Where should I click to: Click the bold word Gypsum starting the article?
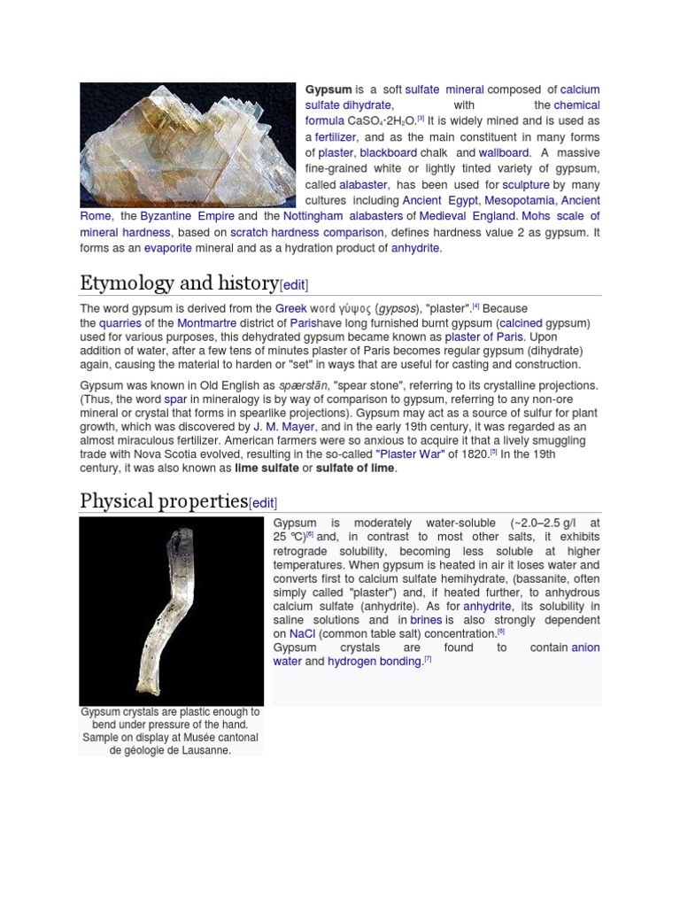point(328,89)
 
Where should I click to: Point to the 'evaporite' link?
point(167,248)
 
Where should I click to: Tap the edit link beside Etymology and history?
point(294,285)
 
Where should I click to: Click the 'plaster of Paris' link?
point(484,337)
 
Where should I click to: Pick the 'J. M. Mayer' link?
point(284,426)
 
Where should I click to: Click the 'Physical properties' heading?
point(163,501)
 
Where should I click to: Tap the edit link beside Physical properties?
point(263,503)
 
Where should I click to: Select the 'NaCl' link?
point(302,634)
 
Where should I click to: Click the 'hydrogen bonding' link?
point(375,661)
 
